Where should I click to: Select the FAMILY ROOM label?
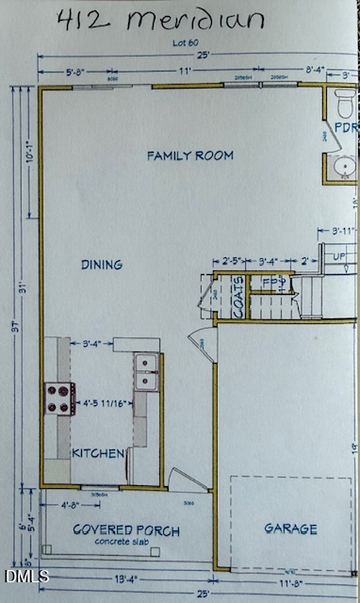[x=189, y=155]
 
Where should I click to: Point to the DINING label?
[x=101, y=266]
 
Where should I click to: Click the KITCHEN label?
[x=99, y=453]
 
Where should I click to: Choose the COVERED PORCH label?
[x=126, y=530]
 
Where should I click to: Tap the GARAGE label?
[x=289, y=530]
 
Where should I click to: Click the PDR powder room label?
[x=344, y=127]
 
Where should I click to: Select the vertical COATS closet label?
[x=239, y=302]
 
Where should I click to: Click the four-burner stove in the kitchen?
[x=59, y=398]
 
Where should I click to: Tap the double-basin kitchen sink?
[x=146, y=371]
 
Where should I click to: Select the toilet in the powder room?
[x=344, y=101]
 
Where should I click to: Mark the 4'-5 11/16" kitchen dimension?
[x=105, y=403]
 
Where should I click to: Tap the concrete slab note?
[x=125, y=544]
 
